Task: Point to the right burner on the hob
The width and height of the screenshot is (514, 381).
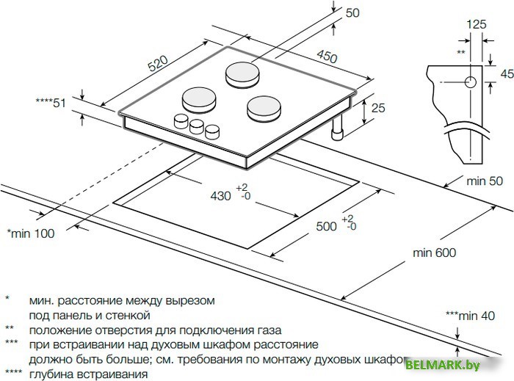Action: [263, 108]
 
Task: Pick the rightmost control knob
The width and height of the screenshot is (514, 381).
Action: [213, 131]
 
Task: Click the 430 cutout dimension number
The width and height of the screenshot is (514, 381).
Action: [220, 196]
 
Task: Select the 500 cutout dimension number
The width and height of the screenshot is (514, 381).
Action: [327, 225]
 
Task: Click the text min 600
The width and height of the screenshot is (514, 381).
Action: [434, 253]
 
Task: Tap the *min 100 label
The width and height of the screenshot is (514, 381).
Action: [30, 233]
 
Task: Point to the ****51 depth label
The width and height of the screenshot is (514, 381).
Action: [51, 103]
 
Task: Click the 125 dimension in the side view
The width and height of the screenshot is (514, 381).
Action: [477, 25]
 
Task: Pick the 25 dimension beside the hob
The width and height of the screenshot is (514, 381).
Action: [378, 109]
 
